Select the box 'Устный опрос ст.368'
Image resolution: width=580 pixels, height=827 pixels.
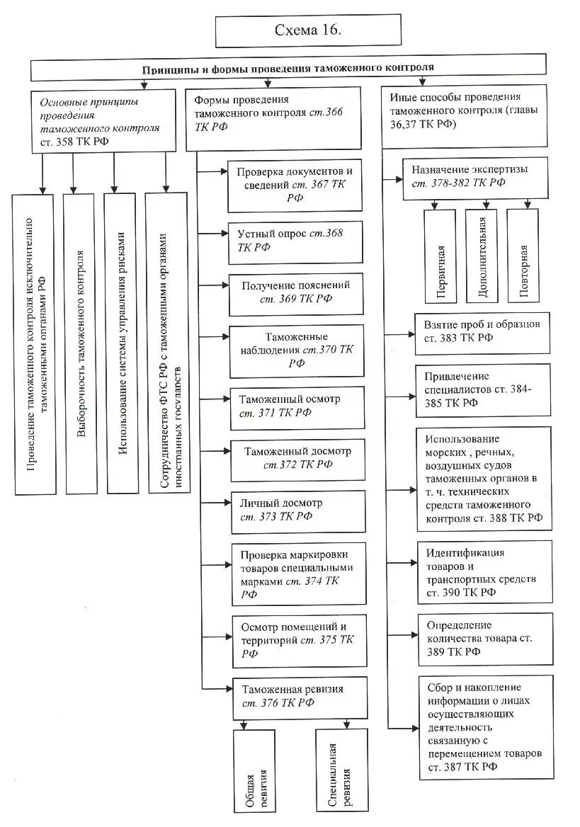click(295, 241)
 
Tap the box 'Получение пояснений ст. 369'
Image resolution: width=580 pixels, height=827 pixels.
click(295, 293)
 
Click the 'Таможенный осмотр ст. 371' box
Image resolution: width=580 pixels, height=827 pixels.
click(295, 406)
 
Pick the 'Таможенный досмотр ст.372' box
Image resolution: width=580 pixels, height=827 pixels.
click(295, 458)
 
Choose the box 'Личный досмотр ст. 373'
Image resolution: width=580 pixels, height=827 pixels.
click(295, 511)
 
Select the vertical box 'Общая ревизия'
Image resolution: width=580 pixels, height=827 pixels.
click(254, 770)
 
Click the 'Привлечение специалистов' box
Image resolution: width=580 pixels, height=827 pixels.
click(482, 389)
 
